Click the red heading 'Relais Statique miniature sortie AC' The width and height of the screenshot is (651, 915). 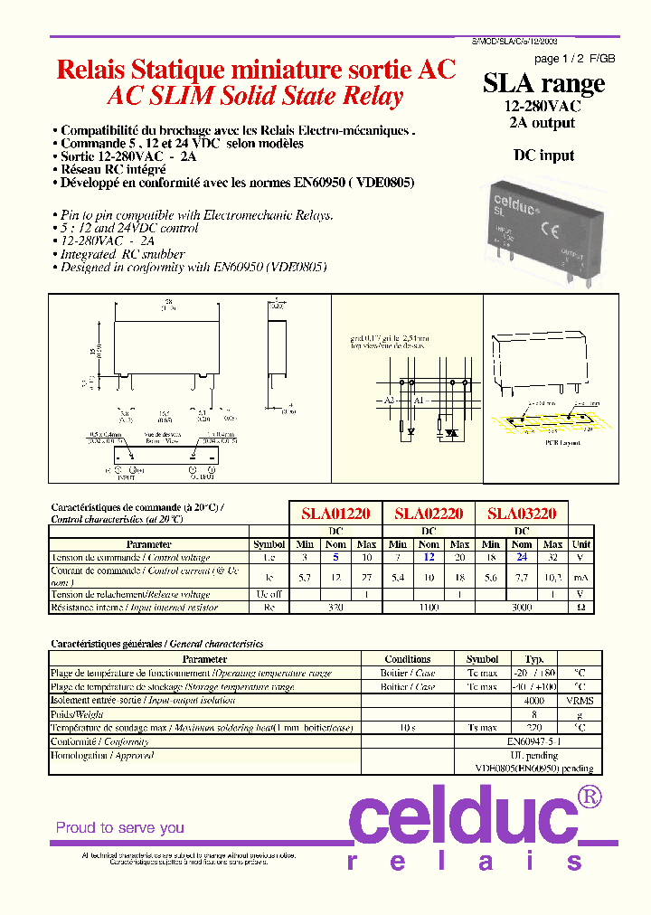pyautogui.click(x=257, y=71)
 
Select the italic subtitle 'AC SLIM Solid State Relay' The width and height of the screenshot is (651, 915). pyautogui.click(x=254, y=97)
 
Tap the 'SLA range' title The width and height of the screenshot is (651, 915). pyautogui.click(x=543, y=84)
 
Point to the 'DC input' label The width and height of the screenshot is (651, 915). pyautogui.click(x=543, y=156)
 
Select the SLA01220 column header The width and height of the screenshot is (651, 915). pyautogui.click(x=335, y=514)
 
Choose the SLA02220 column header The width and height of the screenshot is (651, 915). pyautogui.click(x=429, y=514)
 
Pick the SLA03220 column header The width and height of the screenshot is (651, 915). pyautogui.click(x=522, y=514)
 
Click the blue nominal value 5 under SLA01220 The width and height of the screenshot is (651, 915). pyautogui.click(x=335, y=558)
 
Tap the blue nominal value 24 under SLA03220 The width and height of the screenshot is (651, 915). pyautogui.click(x=522, y=558)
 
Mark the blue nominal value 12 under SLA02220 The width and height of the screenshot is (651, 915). pyautogui.click(x=429, y=558)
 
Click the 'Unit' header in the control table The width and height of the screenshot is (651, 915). pyautogui.click(x=581, y=544)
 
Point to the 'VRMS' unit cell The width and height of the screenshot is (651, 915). pyautogui.click(x=581, y=701)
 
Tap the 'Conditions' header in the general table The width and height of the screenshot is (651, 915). pyautogui.click(x=408, y=659)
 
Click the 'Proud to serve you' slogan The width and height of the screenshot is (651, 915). pyautogui.click(x=120, y=827)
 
